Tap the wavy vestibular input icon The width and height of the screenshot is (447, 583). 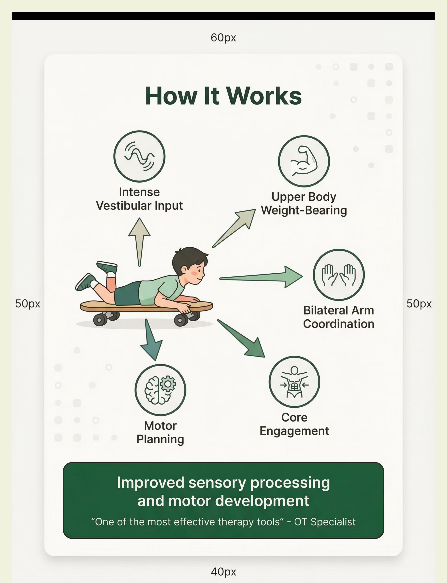(x=139, y=156)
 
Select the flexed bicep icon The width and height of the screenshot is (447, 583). (x=304, y=161)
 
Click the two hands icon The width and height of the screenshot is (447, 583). (x=338, y=275)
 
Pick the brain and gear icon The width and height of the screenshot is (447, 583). (x=160, y=390)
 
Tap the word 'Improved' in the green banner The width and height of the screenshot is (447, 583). (x=150, y=483)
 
